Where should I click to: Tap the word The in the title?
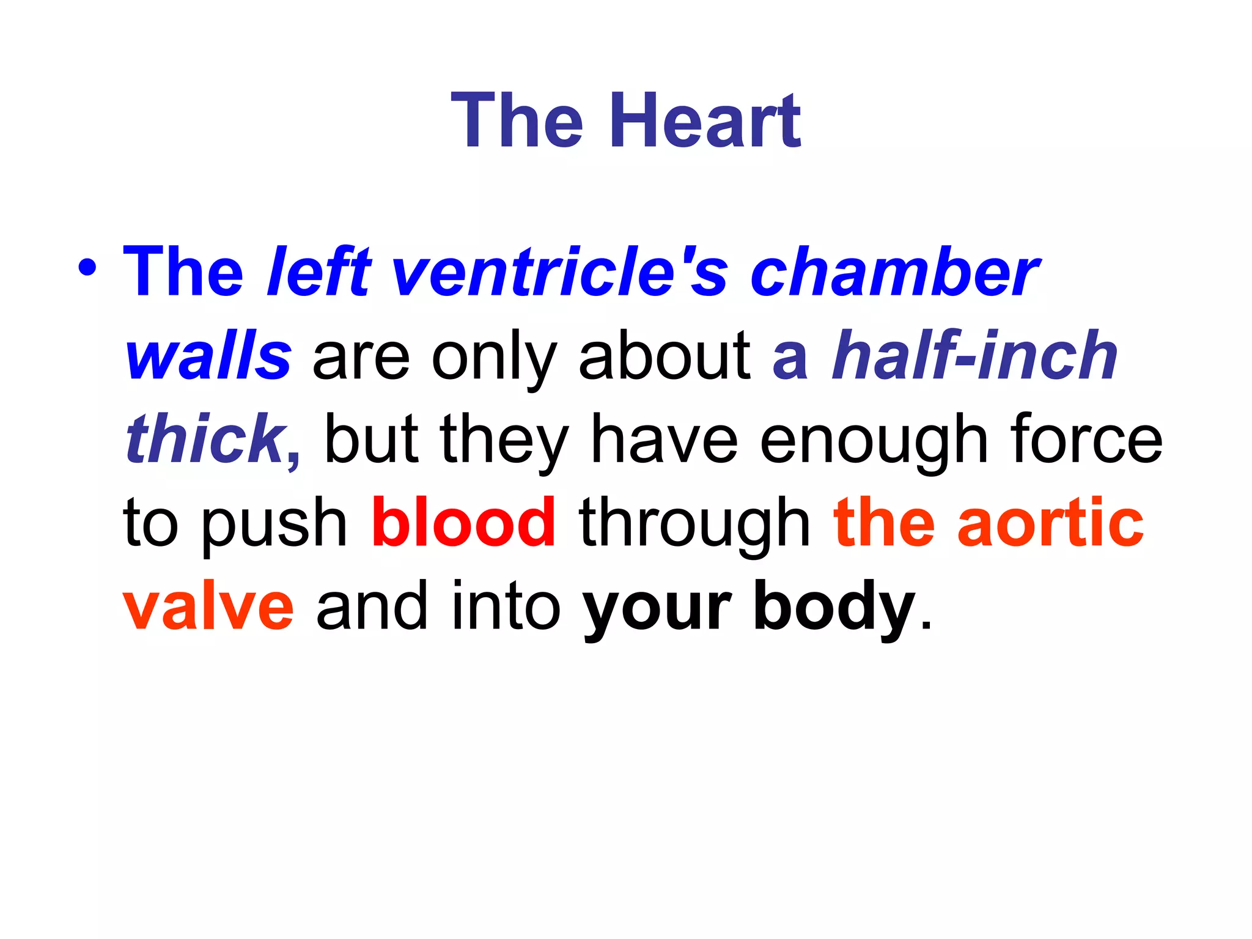click(x=517, y=120)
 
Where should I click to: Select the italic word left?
click(x=319, y=271)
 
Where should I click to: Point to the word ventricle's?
click(x=559, y=271)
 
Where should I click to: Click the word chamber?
click(x=894, y=271)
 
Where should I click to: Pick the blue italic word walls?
click(x=208, y=356)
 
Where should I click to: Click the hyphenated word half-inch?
click(x=974, y=356)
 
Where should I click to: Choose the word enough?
click(x=874, y=440)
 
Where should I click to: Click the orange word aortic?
click(x=1050, y=523)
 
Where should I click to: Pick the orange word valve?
click(x=208, y=607)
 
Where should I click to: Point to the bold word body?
click(x=834, y=608)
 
